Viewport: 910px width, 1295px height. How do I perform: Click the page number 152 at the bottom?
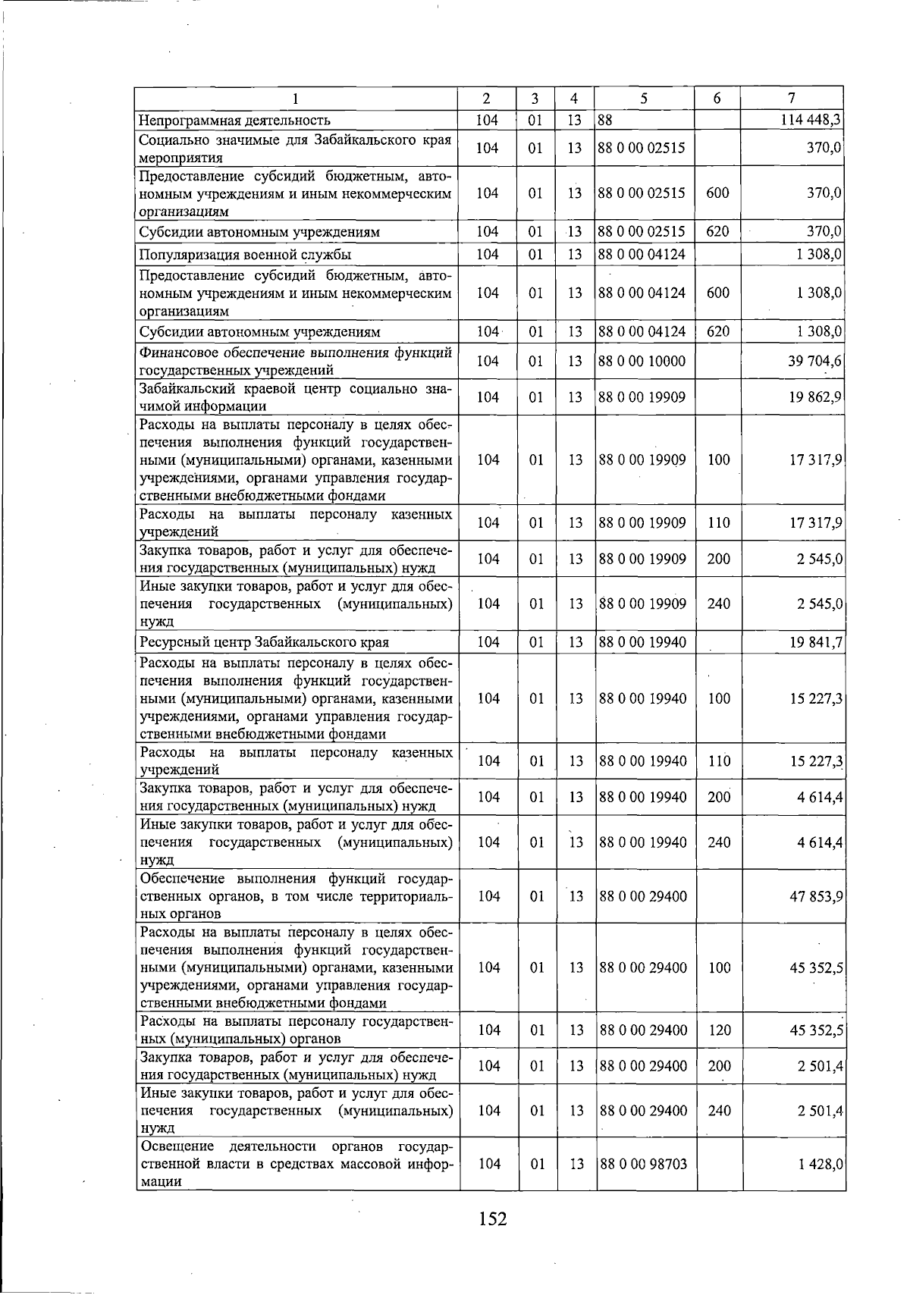tap(492, 1218)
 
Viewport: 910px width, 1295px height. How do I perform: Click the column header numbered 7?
tap(791, 98)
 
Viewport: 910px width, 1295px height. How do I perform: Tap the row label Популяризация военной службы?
tap(245, 254)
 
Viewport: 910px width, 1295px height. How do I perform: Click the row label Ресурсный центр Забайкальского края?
tap(264, 642)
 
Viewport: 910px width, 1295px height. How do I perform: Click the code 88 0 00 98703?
tap(642, 1164)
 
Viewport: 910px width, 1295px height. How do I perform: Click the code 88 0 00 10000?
tap(642, 361)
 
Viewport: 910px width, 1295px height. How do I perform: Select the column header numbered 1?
tap(296, 98)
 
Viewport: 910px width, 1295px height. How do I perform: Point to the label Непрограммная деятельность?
tap(235, 120)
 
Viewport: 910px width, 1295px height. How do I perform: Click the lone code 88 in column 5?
tap(605, 120)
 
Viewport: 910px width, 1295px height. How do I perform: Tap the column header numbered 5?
tap(643, 98)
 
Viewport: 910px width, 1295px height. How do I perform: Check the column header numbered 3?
tap(535, 98)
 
